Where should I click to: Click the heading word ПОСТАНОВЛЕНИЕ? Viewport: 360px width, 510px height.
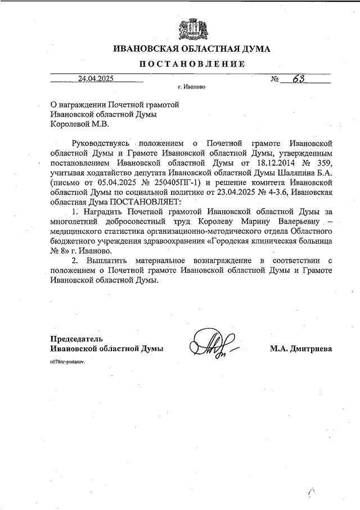(192, 64)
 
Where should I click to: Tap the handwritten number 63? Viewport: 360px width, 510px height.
(298, 79)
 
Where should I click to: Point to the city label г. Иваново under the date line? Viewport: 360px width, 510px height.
(191, 88)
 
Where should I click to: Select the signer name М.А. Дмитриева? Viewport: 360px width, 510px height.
(301, 349)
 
